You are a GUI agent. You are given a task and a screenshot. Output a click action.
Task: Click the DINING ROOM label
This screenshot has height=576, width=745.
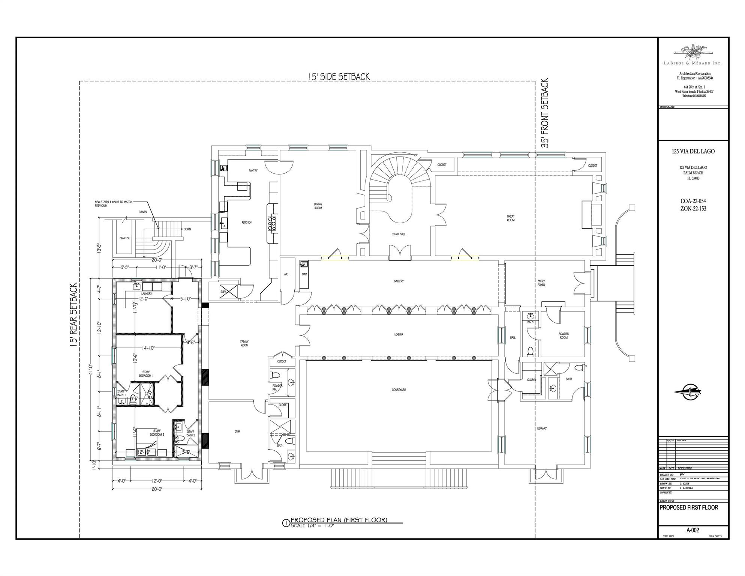point(318,206)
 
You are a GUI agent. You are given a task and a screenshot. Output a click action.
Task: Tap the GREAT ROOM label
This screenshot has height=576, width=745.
point(511,218)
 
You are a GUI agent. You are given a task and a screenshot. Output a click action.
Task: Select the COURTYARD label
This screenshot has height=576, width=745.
point(399,390)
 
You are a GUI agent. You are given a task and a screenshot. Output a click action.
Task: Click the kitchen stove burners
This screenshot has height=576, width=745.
point(272,223)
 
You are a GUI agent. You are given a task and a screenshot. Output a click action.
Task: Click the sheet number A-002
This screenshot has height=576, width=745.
point(693,530)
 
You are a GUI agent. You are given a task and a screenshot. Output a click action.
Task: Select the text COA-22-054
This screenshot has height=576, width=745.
point(693,202)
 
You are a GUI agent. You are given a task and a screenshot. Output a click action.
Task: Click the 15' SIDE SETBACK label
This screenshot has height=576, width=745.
point(339,77)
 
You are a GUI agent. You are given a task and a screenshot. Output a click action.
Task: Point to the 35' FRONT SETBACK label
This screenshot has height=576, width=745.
point(545,113)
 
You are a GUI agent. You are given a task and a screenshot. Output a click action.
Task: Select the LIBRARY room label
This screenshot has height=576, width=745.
point(542,428)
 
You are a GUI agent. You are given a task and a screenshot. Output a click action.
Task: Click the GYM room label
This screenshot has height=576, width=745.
point(237,432)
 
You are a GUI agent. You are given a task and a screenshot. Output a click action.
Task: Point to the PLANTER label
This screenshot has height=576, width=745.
point(124,238)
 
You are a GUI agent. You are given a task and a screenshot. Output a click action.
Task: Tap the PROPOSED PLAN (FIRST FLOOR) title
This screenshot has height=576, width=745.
point(339,520)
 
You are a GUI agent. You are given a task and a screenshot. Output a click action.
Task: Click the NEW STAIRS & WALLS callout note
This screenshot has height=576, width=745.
point(113,204)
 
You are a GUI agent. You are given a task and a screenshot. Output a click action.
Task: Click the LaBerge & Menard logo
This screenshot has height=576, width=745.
point(693,54)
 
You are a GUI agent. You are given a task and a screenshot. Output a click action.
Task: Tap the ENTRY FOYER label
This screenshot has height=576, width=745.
point(541,283)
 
